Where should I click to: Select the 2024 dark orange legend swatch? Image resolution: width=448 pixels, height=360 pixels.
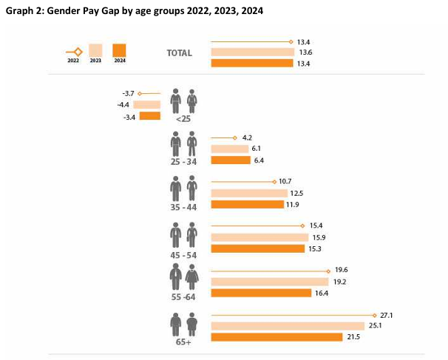pos(120,51)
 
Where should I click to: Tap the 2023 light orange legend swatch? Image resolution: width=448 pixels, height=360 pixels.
pos(95,51)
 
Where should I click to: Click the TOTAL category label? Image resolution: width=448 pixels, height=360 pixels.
pos(179,52)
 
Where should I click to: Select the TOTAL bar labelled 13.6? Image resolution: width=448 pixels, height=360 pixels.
pos(252,52)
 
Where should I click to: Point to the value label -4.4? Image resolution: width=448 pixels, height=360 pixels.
pos(122,105)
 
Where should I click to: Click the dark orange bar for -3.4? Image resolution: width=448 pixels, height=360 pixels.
pos(150,116)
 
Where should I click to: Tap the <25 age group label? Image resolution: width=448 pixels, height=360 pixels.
pos(183,118)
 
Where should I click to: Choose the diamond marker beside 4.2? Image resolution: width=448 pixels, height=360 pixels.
pos(234,137)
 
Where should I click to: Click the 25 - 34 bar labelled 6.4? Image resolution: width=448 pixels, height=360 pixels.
pos(231,160)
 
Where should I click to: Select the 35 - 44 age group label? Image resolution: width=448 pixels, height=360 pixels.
pos(183,208)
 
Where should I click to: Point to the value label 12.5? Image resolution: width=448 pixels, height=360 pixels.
pos(297,193)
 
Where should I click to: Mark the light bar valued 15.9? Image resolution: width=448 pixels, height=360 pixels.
pos(259,237)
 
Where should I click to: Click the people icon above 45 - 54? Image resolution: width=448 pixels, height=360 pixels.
pos(184,234)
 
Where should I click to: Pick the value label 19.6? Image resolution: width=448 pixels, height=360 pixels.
pos(342,270)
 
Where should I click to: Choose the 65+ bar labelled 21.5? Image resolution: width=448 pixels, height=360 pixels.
pos(276,338)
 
